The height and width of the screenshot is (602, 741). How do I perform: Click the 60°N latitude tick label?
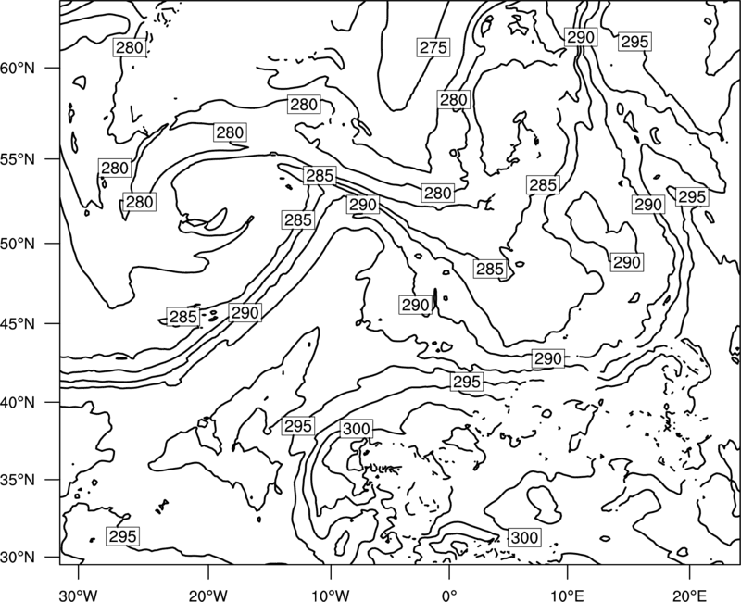pos(18,69)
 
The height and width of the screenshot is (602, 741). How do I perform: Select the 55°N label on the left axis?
pos(18,159)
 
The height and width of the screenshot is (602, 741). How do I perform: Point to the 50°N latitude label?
pos(18,244)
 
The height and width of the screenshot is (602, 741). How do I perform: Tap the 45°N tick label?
pos(18,324)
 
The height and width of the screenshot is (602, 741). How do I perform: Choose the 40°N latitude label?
pos(18,403)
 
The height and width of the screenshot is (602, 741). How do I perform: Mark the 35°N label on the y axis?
pos(18,480)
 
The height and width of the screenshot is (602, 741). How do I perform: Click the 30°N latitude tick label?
pos(18,558)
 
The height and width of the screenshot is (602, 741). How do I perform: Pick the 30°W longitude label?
pos(78,595)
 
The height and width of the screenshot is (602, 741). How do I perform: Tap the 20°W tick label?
pos(208,595)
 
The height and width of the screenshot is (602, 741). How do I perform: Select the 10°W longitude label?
pos(330,595)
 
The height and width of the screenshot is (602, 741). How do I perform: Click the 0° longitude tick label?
pos(449,595)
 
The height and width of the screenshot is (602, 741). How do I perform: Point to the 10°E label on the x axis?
pos(567,595)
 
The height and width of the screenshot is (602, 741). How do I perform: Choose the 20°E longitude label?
pos(690,595)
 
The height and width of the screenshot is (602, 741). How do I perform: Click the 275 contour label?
pos(433,47)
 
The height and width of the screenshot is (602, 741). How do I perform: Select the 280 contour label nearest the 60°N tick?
pos(129,47)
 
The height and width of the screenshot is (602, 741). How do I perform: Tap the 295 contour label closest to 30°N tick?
pos(123,536)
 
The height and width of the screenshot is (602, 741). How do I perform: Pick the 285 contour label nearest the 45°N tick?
pos(182,317)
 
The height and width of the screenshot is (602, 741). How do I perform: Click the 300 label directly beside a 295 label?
pos(357,429)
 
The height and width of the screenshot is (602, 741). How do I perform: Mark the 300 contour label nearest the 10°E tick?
pos(524,537)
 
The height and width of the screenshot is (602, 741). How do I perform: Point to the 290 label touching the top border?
pos(581,37)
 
